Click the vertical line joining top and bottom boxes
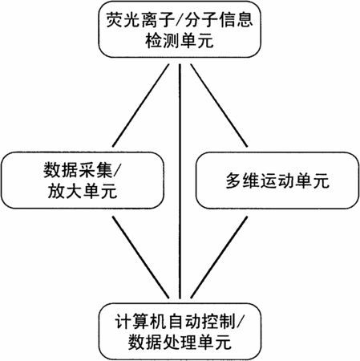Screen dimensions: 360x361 [180, 181]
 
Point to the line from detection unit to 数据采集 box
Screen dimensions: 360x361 [141, 105]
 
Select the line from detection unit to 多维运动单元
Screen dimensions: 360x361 [219, 105]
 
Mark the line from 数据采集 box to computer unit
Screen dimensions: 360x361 [141, 258]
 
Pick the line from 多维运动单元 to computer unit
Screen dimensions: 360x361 [219, 258]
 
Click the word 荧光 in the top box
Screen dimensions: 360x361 [123, 20]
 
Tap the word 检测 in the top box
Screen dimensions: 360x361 [162, 41]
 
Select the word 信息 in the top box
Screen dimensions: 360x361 [236, 20]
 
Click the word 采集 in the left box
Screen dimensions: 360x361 [95, 170]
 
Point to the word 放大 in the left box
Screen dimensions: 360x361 [65, 191]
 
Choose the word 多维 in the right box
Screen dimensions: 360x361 [243, 181]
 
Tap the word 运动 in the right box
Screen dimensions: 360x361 [277, 181]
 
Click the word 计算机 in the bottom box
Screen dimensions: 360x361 [141, 322]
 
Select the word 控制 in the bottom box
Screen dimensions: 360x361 [220, 322]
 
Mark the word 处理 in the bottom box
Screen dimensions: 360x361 [180, 343]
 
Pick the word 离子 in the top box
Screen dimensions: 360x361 [158, 20]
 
